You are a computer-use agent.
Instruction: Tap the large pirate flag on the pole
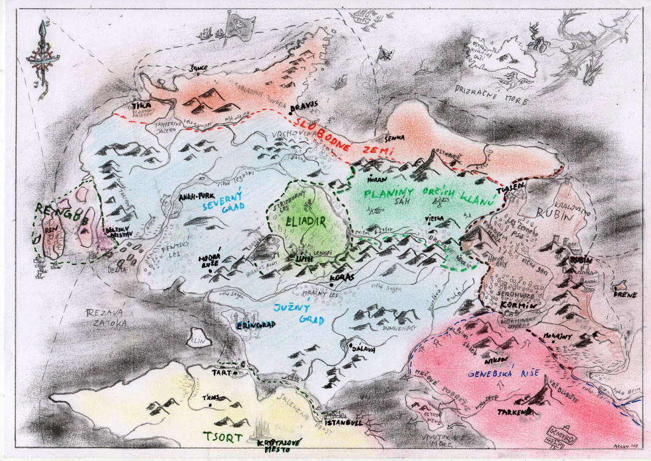point(239,26)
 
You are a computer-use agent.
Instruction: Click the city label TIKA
point(141,105)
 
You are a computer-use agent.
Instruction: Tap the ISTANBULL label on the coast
point(344,423)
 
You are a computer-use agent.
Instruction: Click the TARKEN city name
point(513,412)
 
